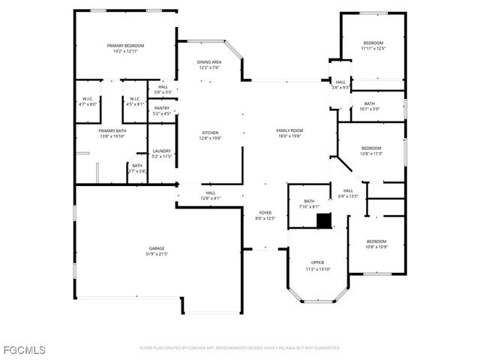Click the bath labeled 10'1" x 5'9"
coord(370,106)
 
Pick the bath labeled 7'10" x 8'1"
coord(309,203)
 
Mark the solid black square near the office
coord(323,220)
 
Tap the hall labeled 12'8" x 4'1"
coord(211,196)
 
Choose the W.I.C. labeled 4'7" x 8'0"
coord(88,101)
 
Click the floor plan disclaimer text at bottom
coord(240,348)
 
